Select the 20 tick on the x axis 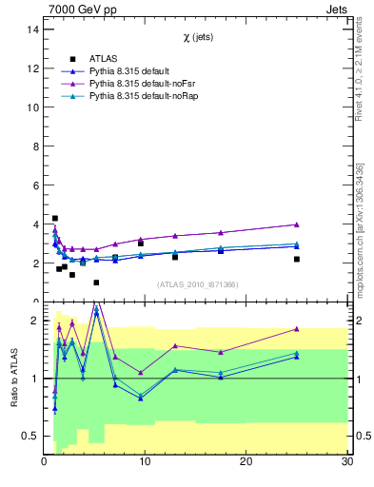point(246,461)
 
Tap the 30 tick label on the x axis point(346,461)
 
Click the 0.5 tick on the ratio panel point(30,436)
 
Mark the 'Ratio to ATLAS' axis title point(13,378)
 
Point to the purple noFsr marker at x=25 point(297,224)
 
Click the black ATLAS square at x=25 point(297,259)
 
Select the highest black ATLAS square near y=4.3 point(55,218)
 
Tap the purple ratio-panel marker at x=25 point(297,329)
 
